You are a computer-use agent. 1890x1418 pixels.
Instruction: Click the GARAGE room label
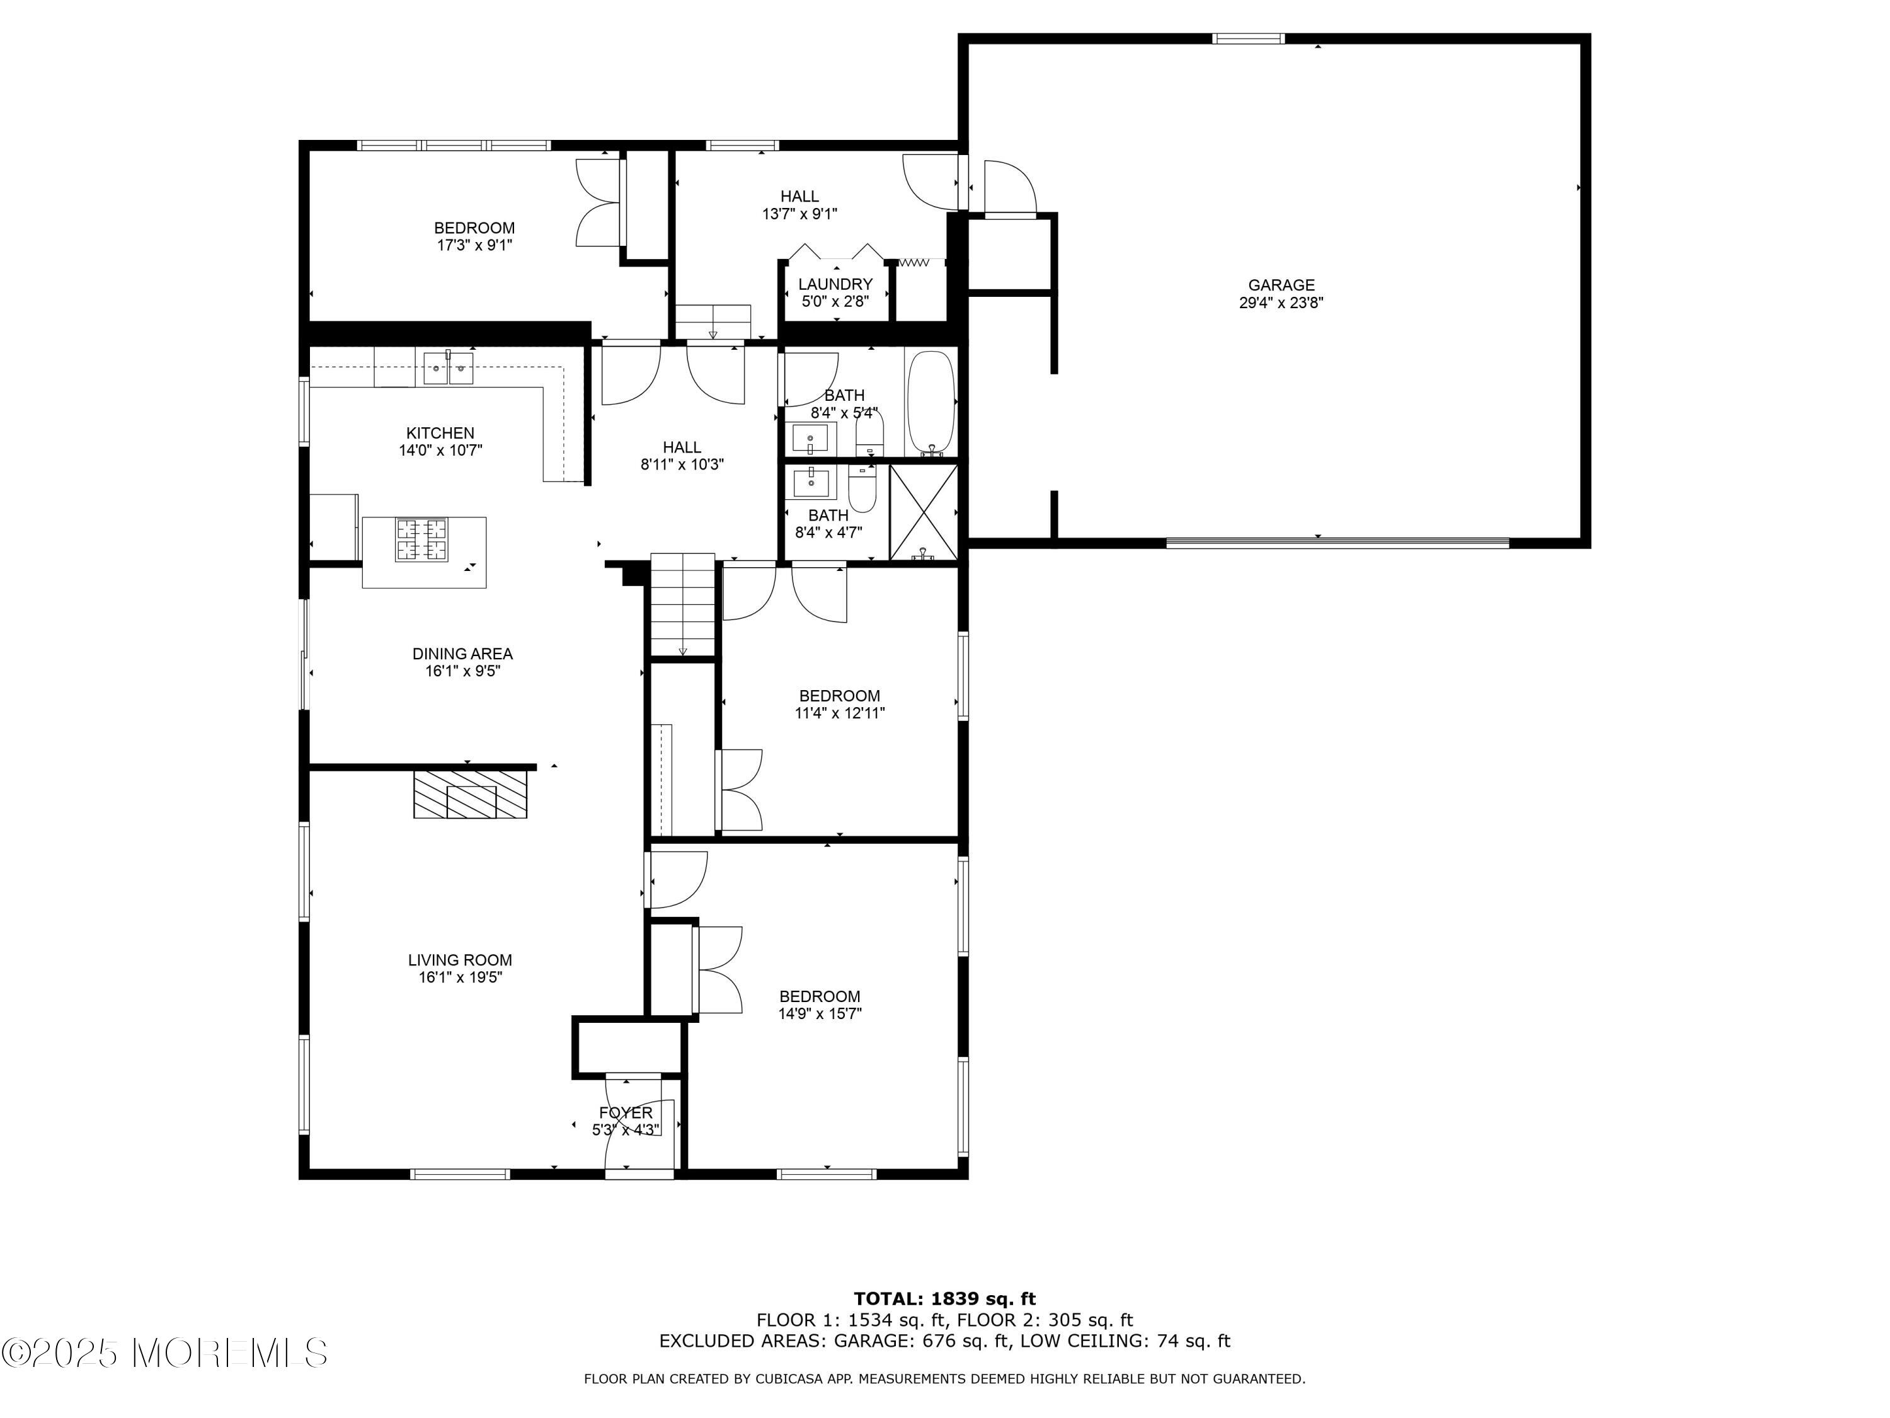pos(1281,285)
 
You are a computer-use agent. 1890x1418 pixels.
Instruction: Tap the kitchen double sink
pos(449,369)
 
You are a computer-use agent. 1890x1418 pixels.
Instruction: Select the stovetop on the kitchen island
pos(421,540)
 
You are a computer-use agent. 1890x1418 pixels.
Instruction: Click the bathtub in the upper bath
pos(930,401)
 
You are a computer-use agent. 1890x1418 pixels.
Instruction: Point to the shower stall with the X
pos(924,512)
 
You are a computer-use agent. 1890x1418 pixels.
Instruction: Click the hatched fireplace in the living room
pos(471,795)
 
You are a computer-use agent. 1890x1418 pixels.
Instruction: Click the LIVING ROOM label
pos(460,960)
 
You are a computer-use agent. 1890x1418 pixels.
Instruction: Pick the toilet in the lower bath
pos(862,490)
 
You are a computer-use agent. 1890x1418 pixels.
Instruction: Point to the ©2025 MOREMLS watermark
pos(164,1353)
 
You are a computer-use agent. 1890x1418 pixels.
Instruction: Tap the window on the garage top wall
pos(1248,38)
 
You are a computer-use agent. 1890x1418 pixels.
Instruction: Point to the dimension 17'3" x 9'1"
pos(474,245)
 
